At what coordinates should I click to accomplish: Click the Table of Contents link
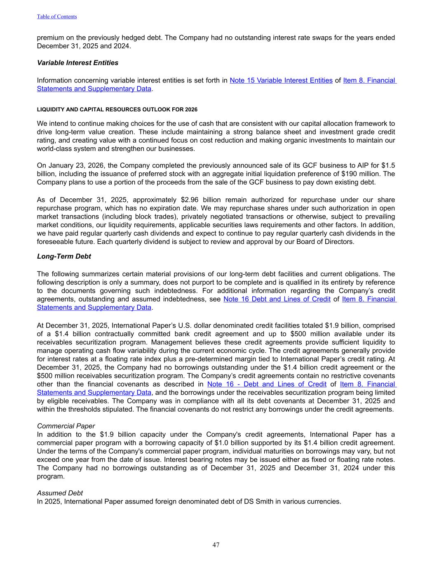(57, 16)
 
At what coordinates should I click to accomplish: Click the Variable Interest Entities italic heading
(77, 63)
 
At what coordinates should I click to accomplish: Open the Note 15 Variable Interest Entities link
(281, 80)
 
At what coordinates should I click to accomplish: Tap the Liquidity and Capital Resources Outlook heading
(117, 110)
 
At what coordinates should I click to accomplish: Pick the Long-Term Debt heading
(64, 256)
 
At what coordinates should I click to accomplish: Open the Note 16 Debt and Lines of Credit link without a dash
(277, 299)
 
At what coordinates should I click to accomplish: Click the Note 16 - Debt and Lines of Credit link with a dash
(267, 384)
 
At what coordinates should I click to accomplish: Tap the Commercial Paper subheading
(66, 426)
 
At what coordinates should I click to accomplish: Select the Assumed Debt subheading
(60, 493)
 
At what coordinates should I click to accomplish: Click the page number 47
(216, 545)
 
